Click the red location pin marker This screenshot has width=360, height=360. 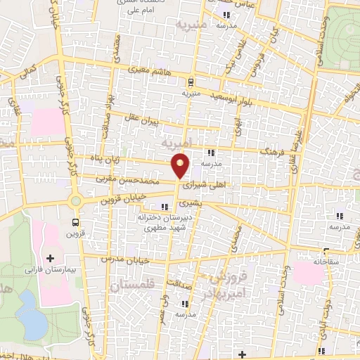pyautogui.click(x=181, y=165)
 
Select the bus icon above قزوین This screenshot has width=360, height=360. pyautogui.click(x=75, y=224)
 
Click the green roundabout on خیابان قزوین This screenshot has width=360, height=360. pyautogui.click(x=75, y=201)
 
